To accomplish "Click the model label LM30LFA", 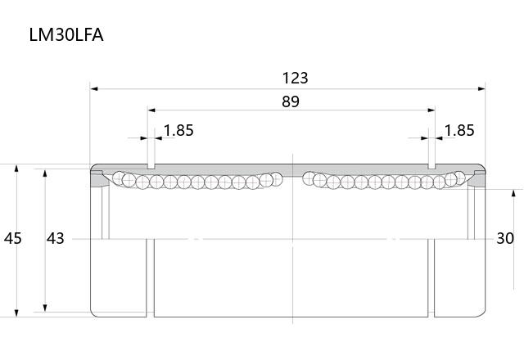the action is (x=66, y=34).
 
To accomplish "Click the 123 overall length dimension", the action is (x=295, y=78).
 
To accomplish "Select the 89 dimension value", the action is (x=291, y=101).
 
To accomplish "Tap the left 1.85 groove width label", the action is (x=178, y=130).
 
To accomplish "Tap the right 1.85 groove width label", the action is (x=459, y=130).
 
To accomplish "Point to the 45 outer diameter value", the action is (x=13, y=238).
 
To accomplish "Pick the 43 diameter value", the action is (x=55, y=238).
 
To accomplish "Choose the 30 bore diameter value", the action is (x=505, y=238).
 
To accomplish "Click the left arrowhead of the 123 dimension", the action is (x=94, y=89).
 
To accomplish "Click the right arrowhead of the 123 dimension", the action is (x=481, y=89).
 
